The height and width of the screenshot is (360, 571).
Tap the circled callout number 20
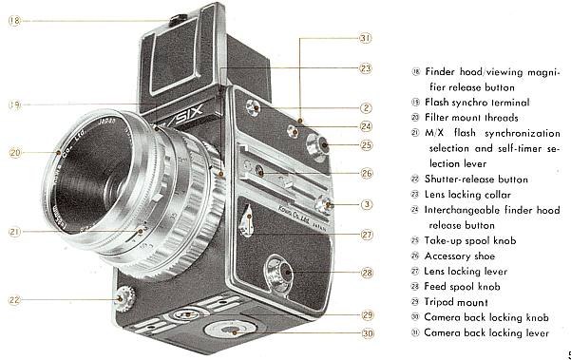tap(14, 151)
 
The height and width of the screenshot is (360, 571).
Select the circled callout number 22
tap(14, 300)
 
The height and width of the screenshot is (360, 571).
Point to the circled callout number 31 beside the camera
tap(365, 39)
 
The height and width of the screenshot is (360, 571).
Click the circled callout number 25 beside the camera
tap(365, 145)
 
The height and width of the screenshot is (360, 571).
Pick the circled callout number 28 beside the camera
tap(365, 273)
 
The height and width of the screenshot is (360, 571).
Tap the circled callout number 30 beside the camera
tap(365, 332)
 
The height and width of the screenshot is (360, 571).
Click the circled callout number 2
tap(365, 107)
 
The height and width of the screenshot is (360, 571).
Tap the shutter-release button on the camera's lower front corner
tap(120, 301)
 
